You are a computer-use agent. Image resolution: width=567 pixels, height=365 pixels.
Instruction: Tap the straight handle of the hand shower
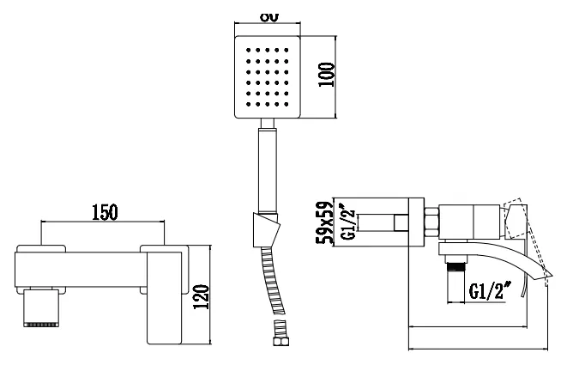click(x=268, y=167)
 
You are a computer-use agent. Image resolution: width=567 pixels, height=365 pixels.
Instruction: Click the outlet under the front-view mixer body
click(x=44, y=307)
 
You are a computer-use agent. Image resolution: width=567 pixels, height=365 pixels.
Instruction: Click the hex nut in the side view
click(x=432, y=221)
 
